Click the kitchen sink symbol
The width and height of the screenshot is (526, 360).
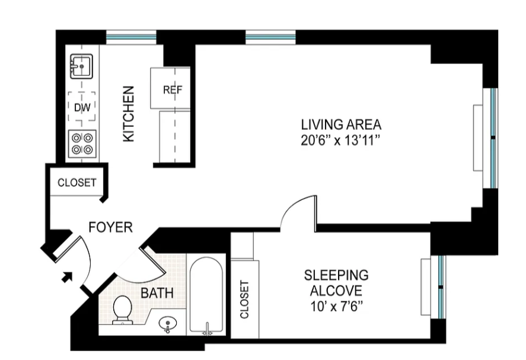tap(81, 66)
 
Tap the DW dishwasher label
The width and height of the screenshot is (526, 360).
tap(82, 107)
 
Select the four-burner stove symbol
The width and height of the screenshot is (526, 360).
tap(82, 143)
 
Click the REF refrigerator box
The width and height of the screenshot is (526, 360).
tap(172, 90)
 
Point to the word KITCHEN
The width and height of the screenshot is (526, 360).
tap(129, 114)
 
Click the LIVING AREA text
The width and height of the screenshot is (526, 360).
tap(340, 125)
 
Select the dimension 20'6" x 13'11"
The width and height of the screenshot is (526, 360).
tap(340, 141)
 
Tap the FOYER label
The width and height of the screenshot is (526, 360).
tap(110, 227)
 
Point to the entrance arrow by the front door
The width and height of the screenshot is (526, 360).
tap(68, 276)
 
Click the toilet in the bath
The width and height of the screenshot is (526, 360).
tap(123, 310)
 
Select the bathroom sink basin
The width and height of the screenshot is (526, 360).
tap(169, 324)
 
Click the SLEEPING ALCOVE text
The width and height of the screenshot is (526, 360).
tap(336, 283)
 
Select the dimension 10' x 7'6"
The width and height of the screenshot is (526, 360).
tap(336, 307)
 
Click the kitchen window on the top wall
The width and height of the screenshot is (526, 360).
tap(131, 37)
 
